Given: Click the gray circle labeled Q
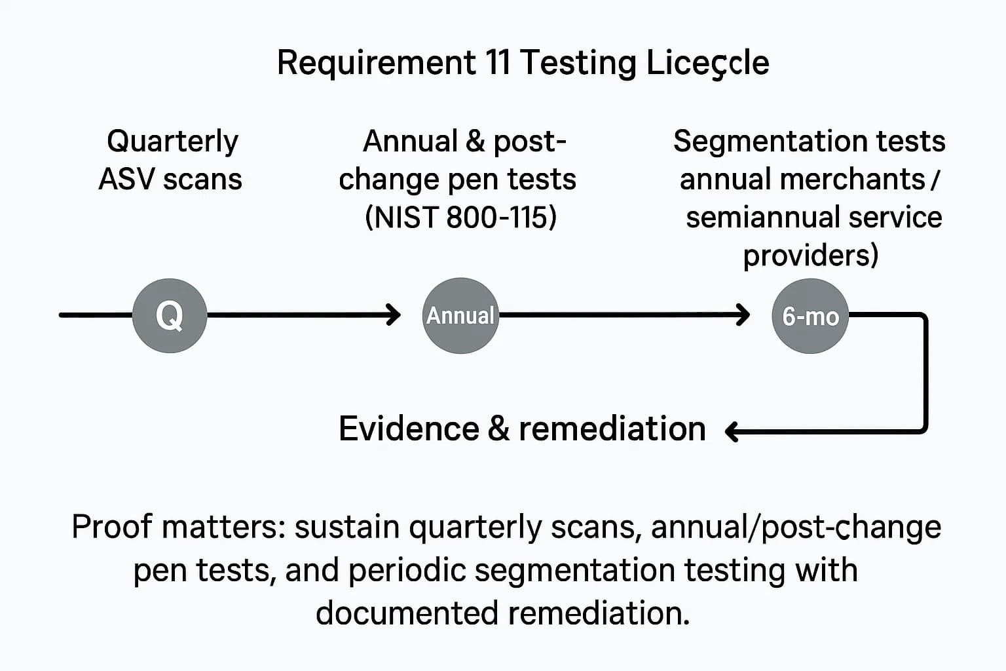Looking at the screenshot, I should [x=170, y=315].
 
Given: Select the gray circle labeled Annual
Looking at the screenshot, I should [x=460, y=315].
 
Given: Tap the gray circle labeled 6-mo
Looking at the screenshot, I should [x=810, y=316].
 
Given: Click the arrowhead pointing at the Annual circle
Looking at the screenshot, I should [x=394, y=315].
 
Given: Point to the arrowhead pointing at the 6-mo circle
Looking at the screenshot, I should [x=743, y=315].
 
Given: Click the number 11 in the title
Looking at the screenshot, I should [x=498, y=63].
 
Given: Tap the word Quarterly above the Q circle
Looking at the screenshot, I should [x=172, y=142].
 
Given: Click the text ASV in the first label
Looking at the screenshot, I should [x=127, y=179].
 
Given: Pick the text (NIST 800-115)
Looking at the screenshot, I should [x=460, y=217].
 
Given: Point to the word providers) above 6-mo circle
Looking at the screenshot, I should [x=810, y=255].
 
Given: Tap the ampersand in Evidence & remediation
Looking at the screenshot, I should [x=498, y=429].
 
